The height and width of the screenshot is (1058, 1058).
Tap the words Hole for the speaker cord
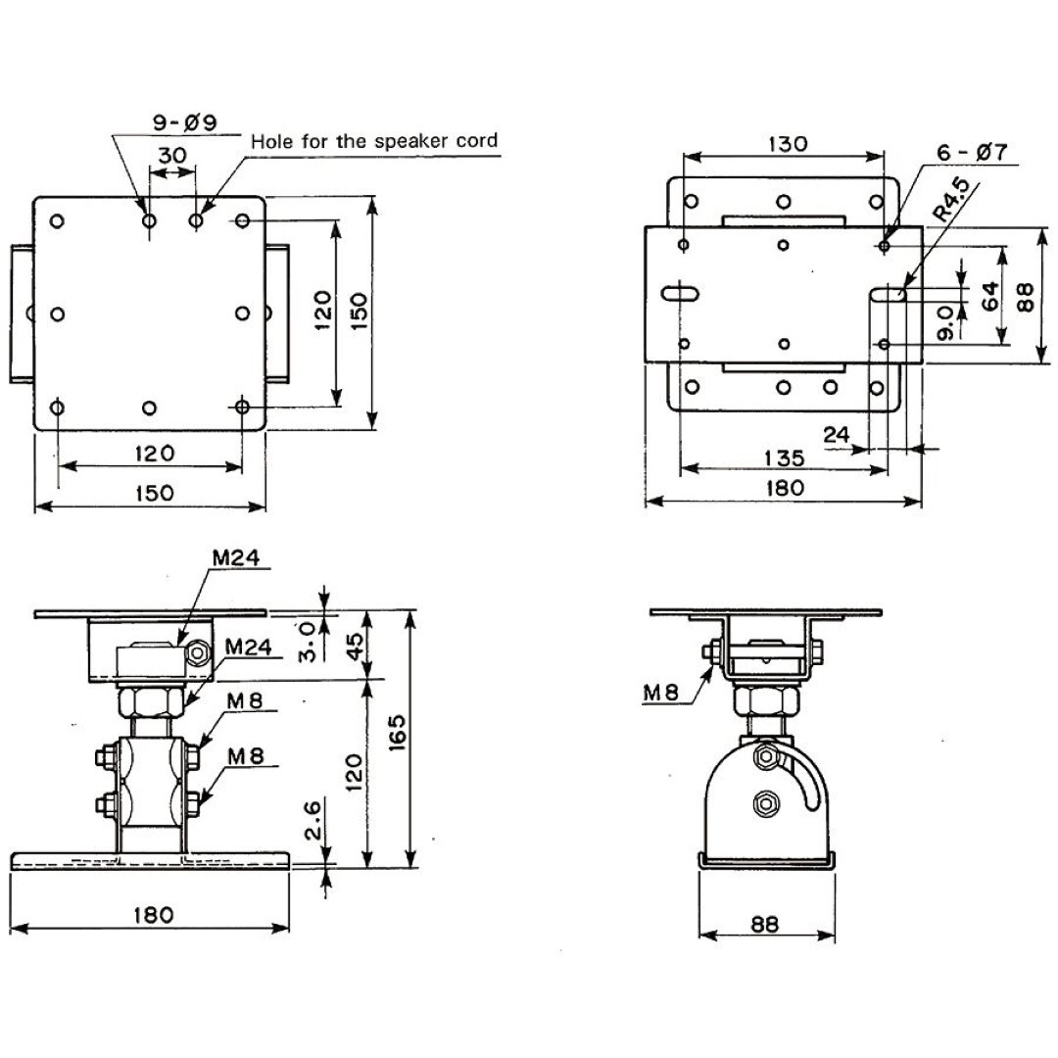pos(374,140)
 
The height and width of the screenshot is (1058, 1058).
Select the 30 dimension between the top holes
pos(171,156)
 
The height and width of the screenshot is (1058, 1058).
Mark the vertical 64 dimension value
pos(990,296)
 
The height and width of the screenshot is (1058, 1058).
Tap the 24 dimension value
pos(838,434)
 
